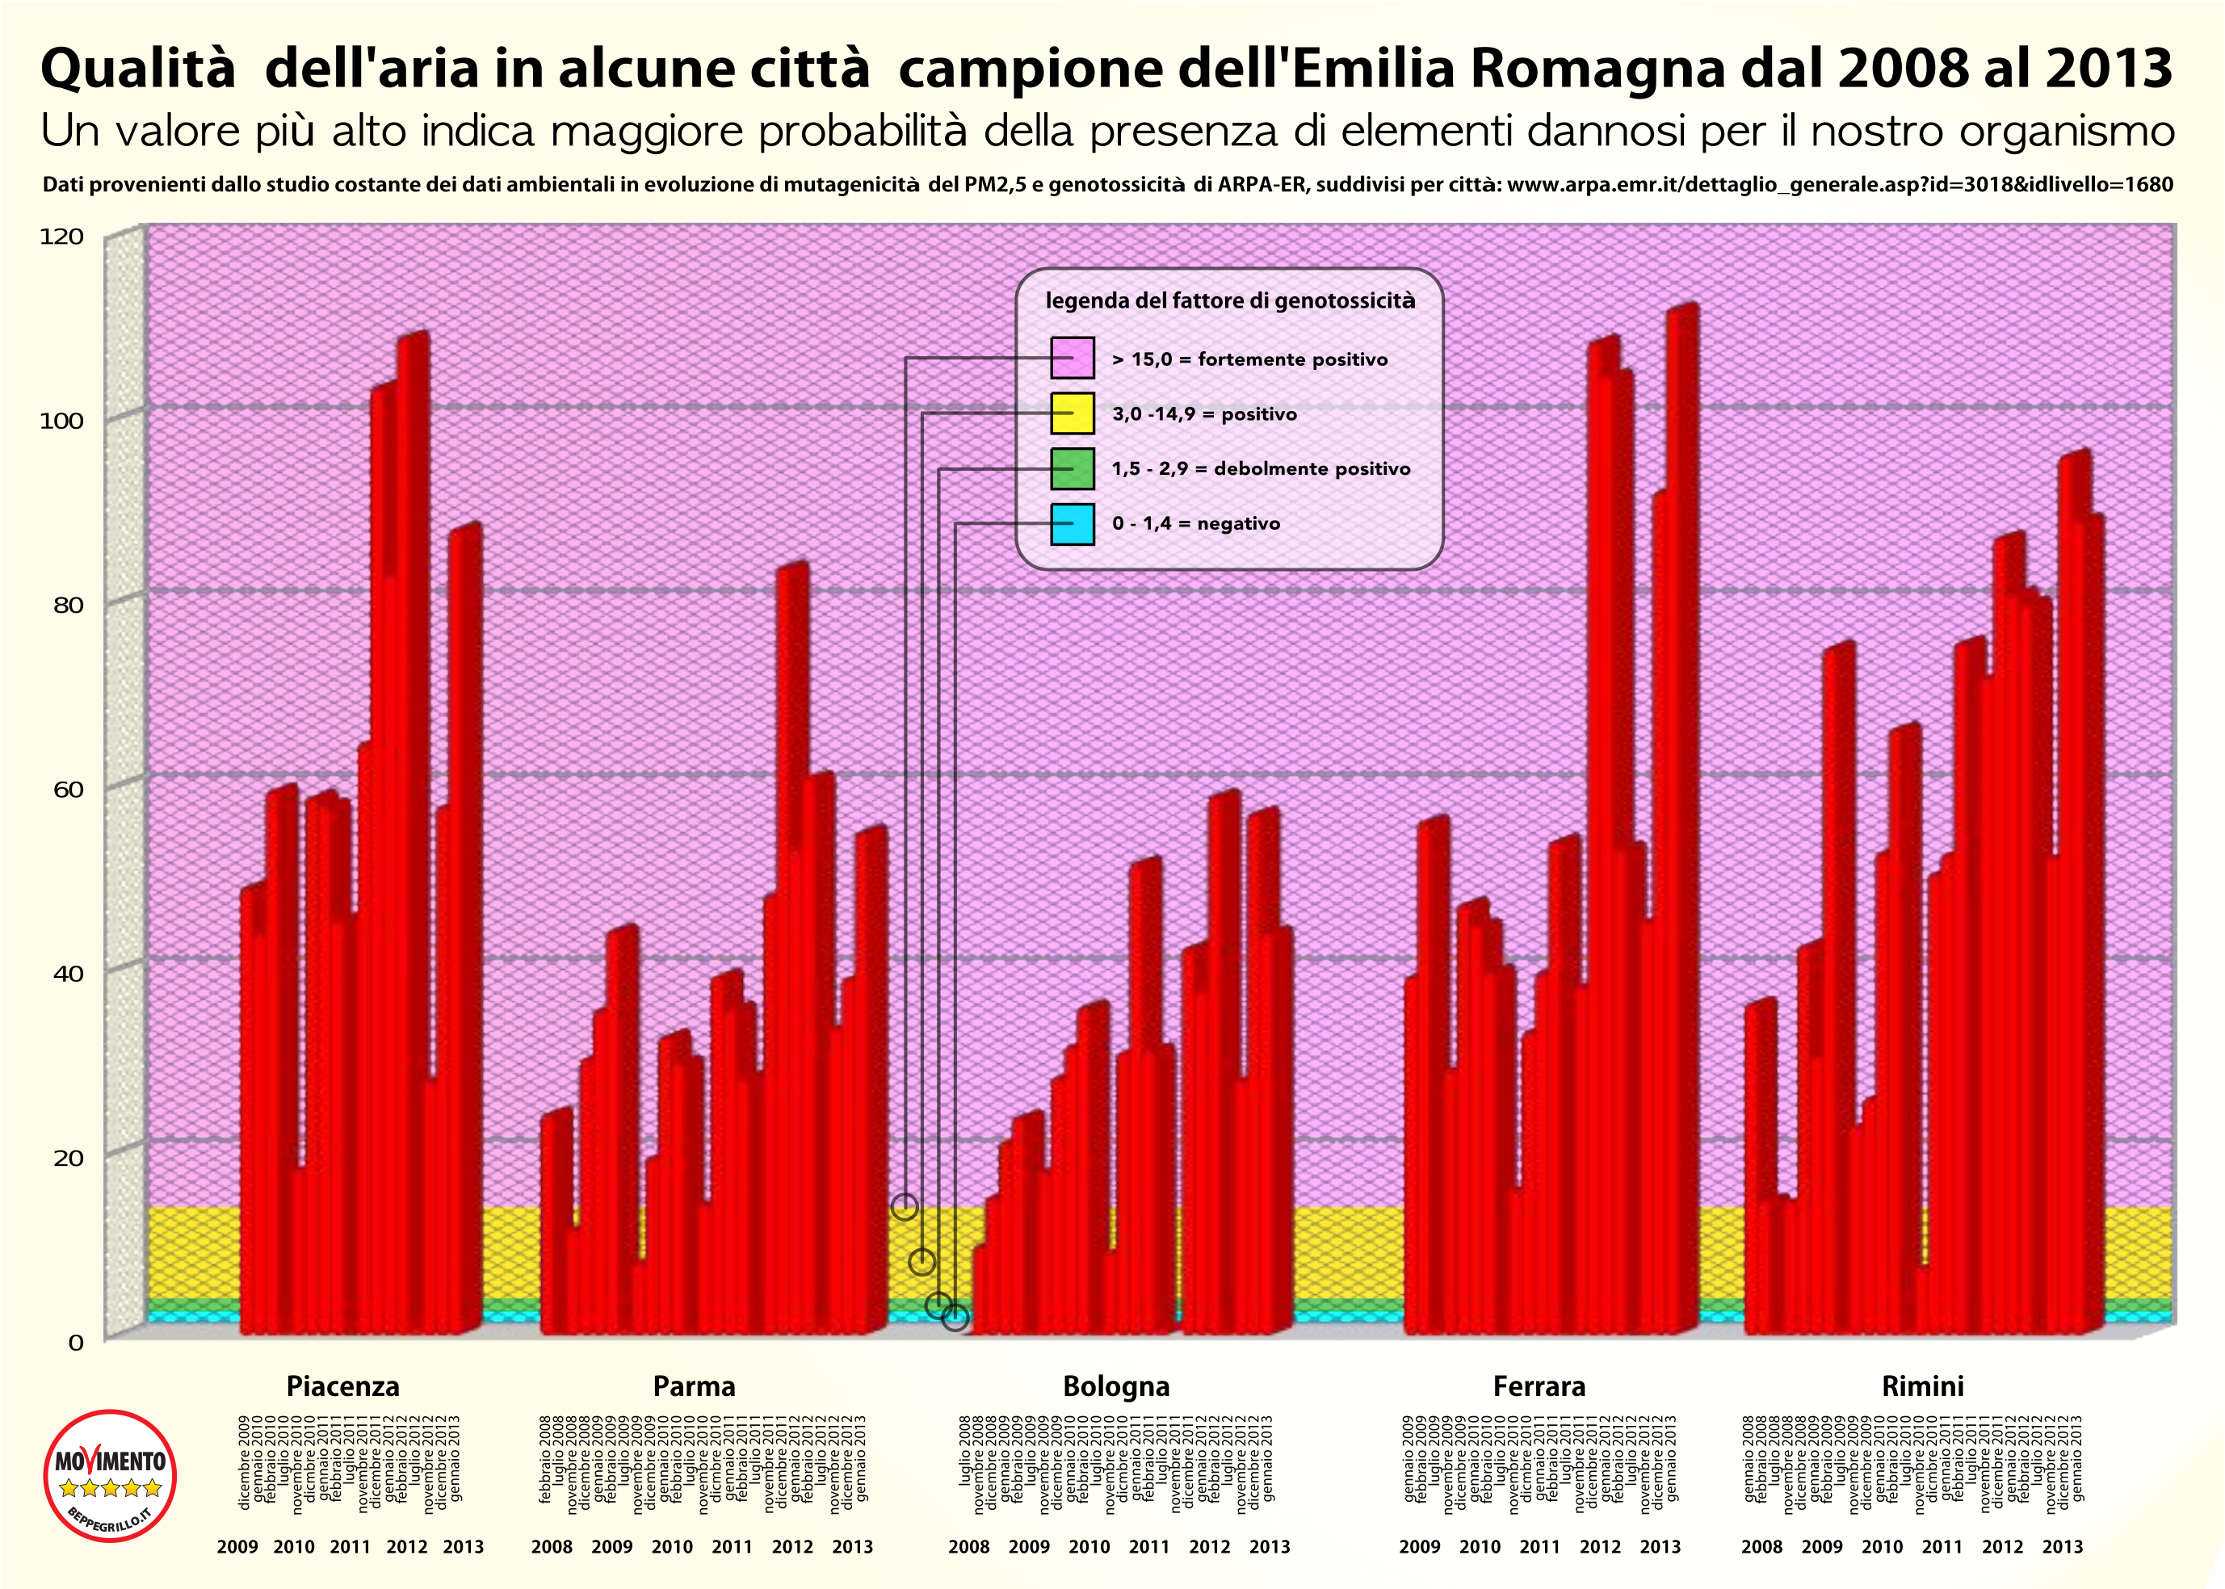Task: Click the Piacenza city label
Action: tap(342, 1386)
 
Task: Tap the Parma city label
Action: tap(694, 1386)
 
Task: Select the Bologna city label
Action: tap(1116, 1386)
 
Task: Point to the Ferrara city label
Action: tap(1539, 1386)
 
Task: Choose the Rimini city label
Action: tap(1923, 1386)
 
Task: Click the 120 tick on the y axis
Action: tap(61, 237)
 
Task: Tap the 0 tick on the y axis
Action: tap(75, 1343)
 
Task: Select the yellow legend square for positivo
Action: tap(1073, 413)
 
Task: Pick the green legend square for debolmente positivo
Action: tap(1073, 468)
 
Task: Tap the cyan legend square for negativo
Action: tap(1073, 523)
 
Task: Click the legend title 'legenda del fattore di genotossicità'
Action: tap(1230, 300)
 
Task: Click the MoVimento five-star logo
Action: tap(111, 1475)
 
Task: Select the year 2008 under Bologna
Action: tap(968, 1547)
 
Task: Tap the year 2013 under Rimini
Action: tap(2063, 1547)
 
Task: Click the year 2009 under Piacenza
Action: tap(237, 1547)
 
